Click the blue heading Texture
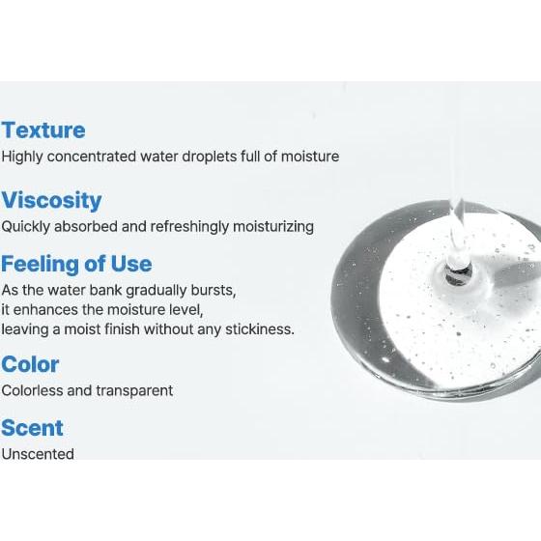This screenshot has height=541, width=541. pyautogui.click(x=43, y=130)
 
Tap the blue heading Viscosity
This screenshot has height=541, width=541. pyautogui.click(x=51, y=201)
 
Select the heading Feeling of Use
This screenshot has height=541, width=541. pyautogui.click(x=76, y=264)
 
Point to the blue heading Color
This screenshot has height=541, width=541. pyautogui.click(x=30, y=364)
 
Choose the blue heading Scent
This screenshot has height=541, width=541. pyautogui.click(x=32, y=428)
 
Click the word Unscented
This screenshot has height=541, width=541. pyautogui.click(x=38, y=454)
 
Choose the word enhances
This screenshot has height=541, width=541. pyautogui.click(x=45, y=309)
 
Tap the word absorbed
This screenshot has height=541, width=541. pyautogui.click(x=89, y=226)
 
